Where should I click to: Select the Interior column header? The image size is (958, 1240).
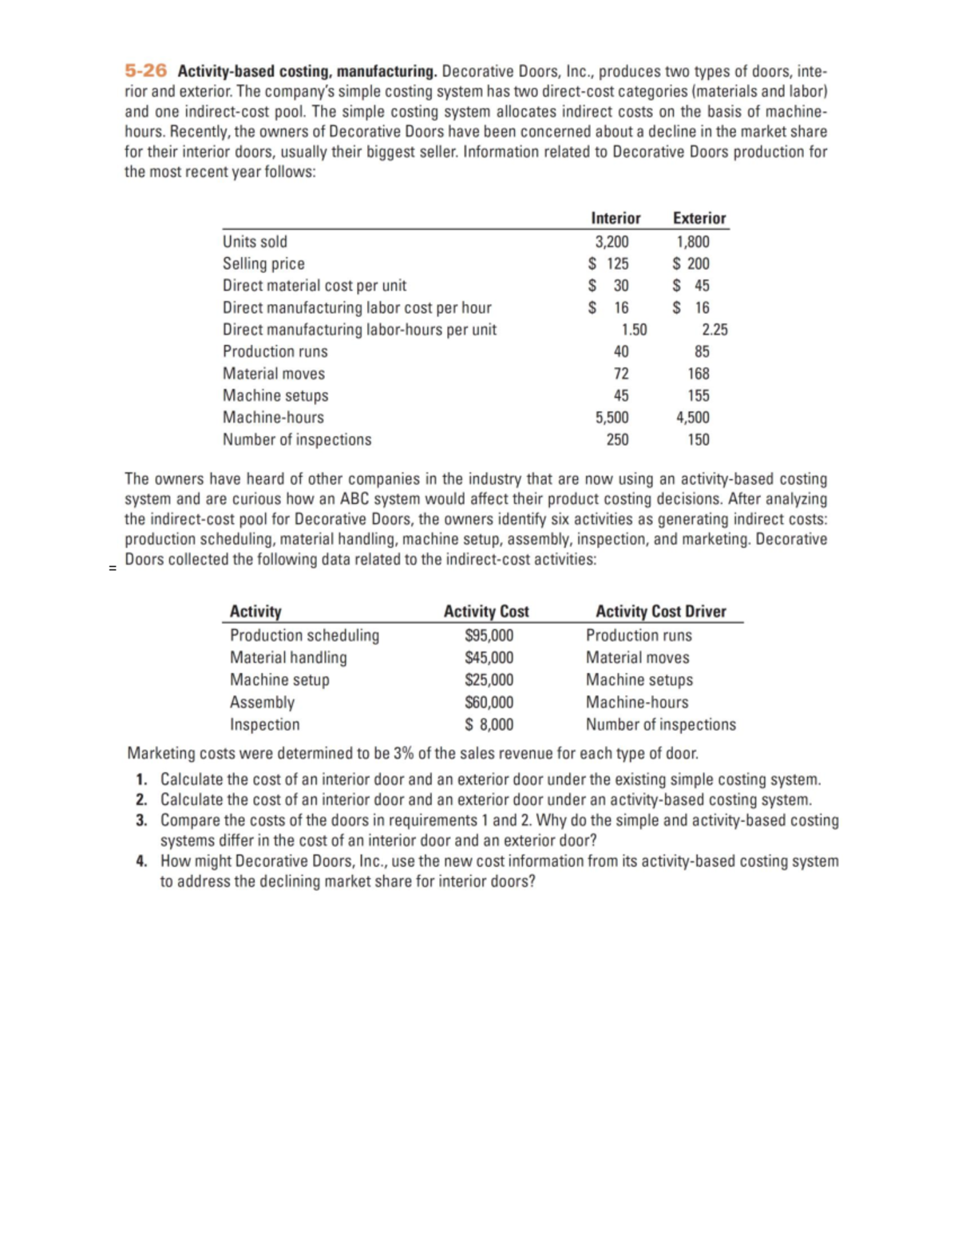[615, 218]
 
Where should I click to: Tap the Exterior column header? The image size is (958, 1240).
[699, 218]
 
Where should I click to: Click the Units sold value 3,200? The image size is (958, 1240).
[612, 242]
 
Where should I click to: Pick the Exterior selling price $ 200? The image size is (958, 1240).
[691, 263]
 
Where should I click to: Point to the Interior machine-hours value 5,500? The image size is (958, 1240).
[612, 417]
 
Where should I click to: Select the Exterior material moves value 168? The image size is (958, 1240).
[698, 374]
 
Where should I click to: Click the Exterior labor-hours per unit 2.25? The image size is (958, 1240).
[714, 330]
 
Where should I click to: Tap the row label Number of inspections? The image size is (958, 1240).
[296, 439]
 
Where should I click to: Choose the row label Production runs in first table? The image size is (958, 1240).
[275, 351]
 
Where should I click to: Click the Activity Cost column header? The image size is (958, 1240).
[485, 612]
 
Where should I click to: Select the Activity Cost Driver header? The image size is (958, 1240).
[660, 612]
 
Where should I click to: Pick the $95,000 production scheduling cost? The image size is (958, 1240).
[489, 636]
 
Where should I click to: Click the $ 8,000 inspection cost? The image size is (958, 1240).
[489, 725]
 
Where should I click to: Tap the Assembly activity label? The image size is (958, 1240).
[262, 703]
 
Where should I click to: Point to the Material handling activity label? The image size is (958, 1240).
[288, 658]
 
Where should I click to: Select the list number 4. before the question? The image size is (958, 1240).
[141, 861]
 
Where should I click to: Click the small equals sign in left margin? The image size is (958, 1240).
[113, 568]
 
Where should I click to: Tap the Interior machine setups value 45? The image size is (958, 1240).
[620, 395]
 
